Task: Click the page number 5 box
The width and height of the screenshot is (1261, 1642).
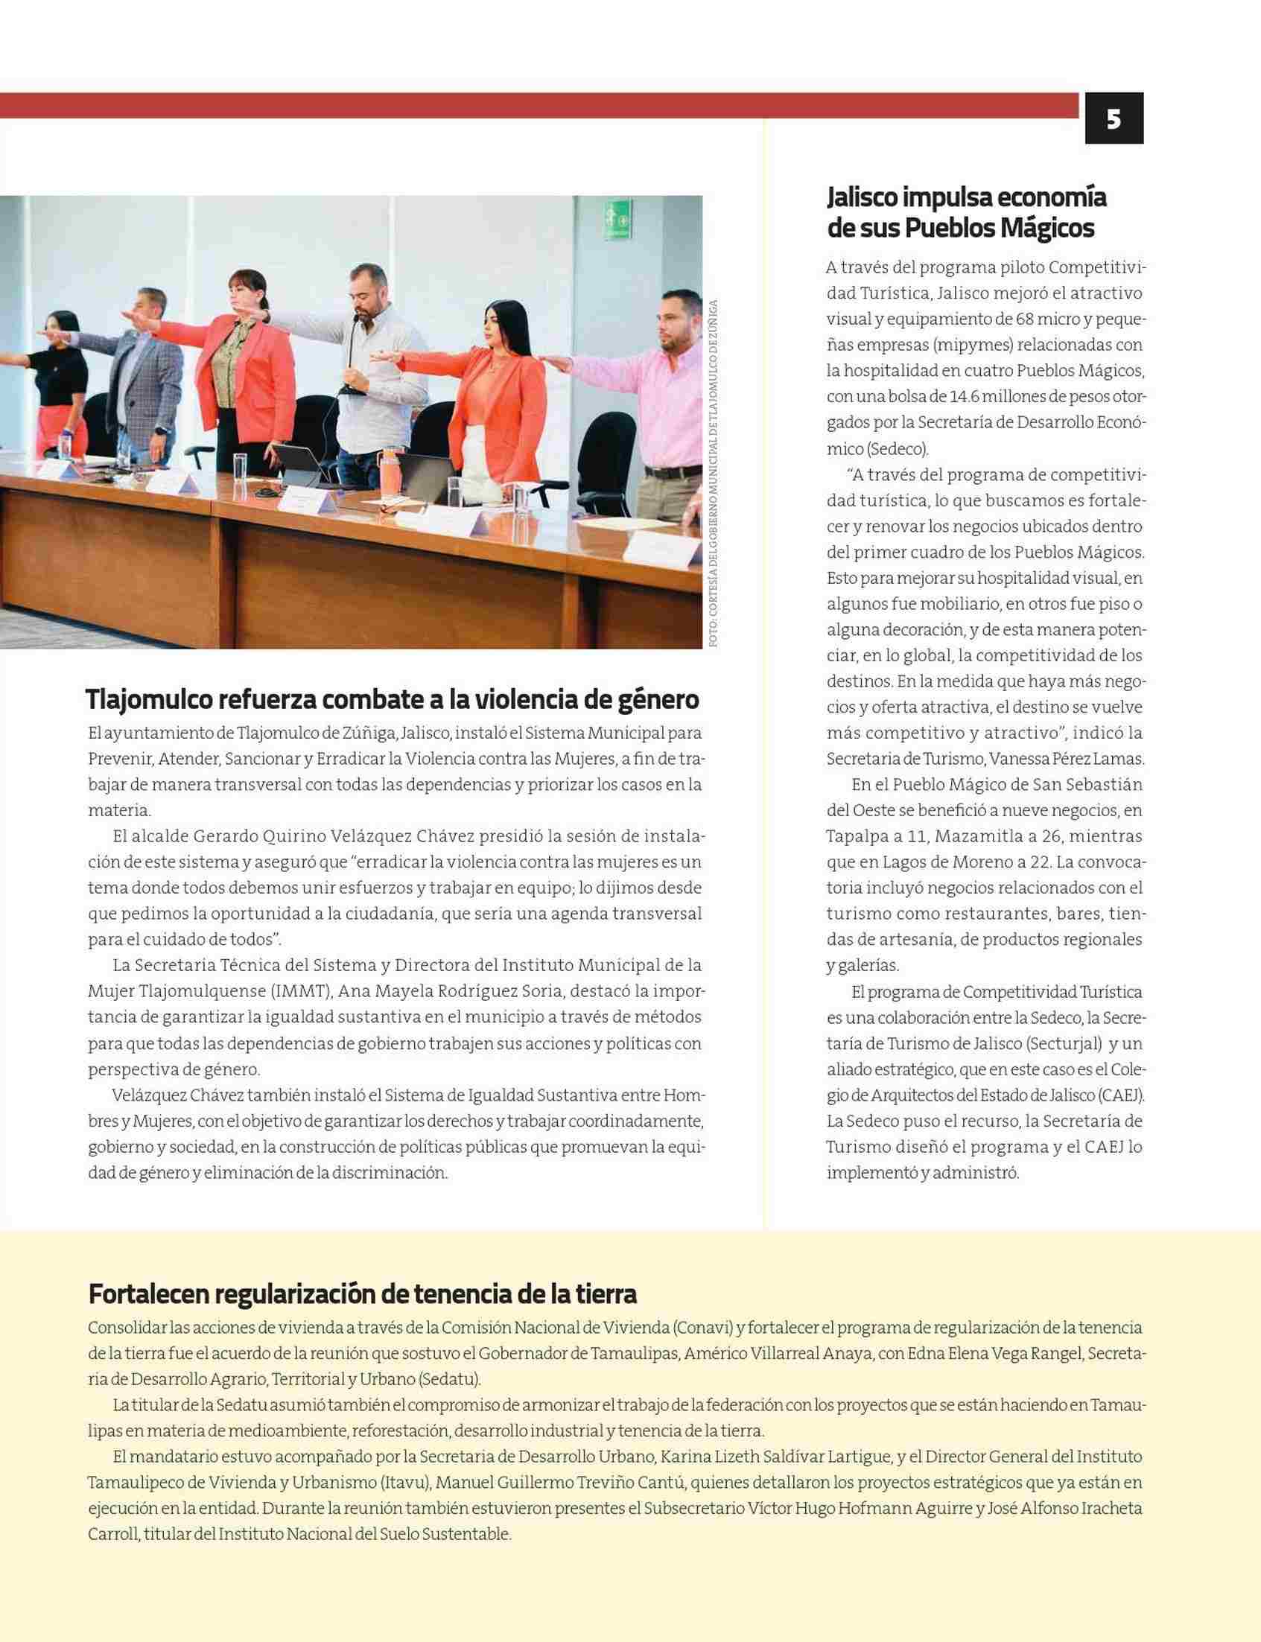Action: [1114, 118]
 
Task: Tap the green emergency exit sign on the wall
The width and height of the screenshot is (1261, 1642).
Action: [618, 219]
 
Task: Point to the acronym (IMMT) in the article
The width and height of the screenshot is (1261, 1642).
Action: [301, 991]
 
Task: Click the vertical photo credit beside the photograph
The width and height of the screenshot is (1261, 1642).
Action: [713, 473]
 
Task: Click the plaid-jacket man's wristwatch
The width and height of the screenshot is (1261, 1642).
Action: [161, 430]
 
